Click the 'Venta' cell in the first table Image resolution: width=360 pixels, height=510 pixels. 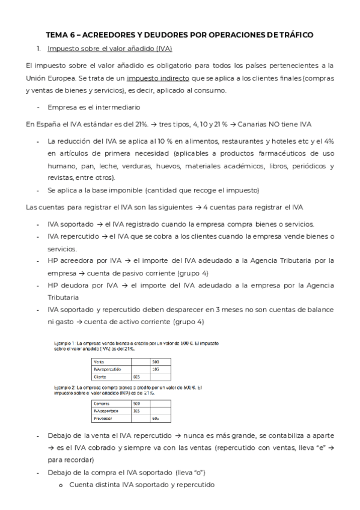pyautogui.click(x=100, y=361)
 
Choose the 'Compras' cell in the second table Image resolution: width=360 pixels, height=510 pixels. pyautogui.click(x=102, y=403)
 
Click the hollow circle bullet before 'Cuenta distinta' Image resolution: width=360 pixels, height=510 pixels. pyautogui.click(x=61, y=485)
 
